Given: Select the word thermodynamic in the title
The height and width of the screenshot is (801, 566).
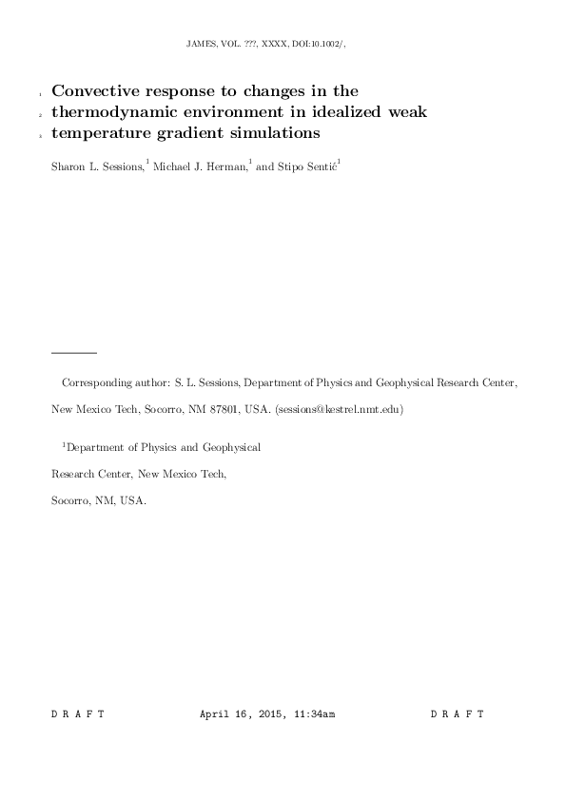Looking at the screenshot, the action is click(x=113, y=112).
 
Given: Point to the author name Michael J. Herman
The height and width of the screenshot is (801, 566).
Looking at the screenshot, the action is click(x=198, y=166).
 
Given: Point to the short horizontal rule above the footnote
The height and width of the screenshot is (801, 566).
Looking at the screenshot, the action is click(x=74, y=352).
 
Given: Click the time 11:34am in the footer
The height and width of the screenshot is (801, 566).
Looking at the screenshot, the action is click(x=313, y=713).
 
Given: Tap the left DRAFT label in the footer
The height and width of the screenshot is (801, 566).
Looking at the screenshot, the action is click(x=77, y=713).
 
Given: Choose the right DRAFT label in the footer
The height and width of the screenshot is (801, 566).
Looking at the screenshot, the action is click(x=458, y=713).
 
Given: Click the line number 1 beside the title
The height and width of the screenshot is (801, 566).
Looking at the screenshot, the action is click(x=41, y=96).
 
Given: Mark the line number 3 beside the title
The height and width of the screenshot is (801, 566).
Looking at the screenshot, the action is click(x=41, y=137).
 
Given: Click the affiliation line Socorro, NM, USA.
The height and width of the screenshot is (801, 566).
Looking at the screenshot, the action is click(x=98, y=499).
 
